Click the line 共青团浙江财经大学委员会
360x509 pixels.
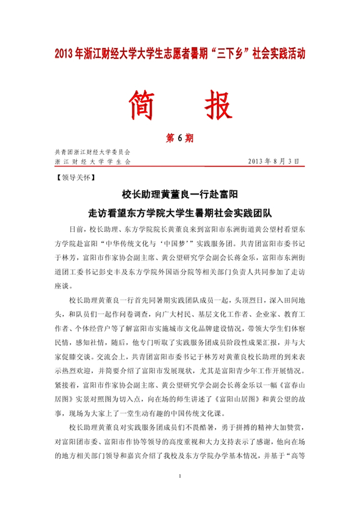tap(92, 153)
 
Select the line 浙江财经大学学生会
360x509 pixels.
tap(92, 162)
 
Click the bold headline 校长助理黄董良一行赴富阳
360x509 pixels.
tap(180, 194)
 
